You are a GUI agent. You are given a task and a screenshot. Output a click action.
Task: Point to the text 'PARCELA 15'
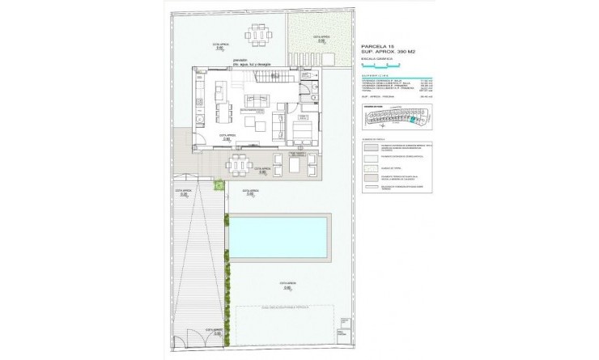378,47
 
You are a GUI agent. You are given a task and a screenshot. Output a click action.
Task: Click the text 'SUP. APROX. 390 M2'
392,53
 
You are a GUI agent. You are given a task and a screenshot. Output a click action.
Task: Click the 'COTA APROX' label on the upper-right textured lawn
323,36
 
